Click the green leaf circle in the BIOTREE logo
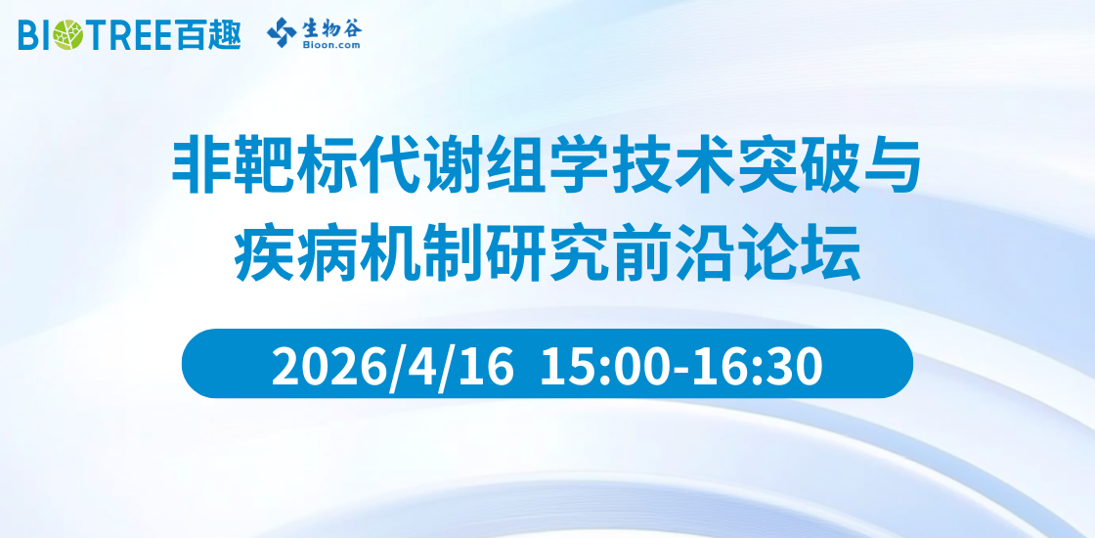coord(66,35)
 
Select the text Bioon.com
coord(331,45)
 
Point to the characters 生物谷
coord(331,26)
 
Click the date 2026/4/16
coord(392,366)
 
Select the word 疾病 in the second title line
coord(296,250)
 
